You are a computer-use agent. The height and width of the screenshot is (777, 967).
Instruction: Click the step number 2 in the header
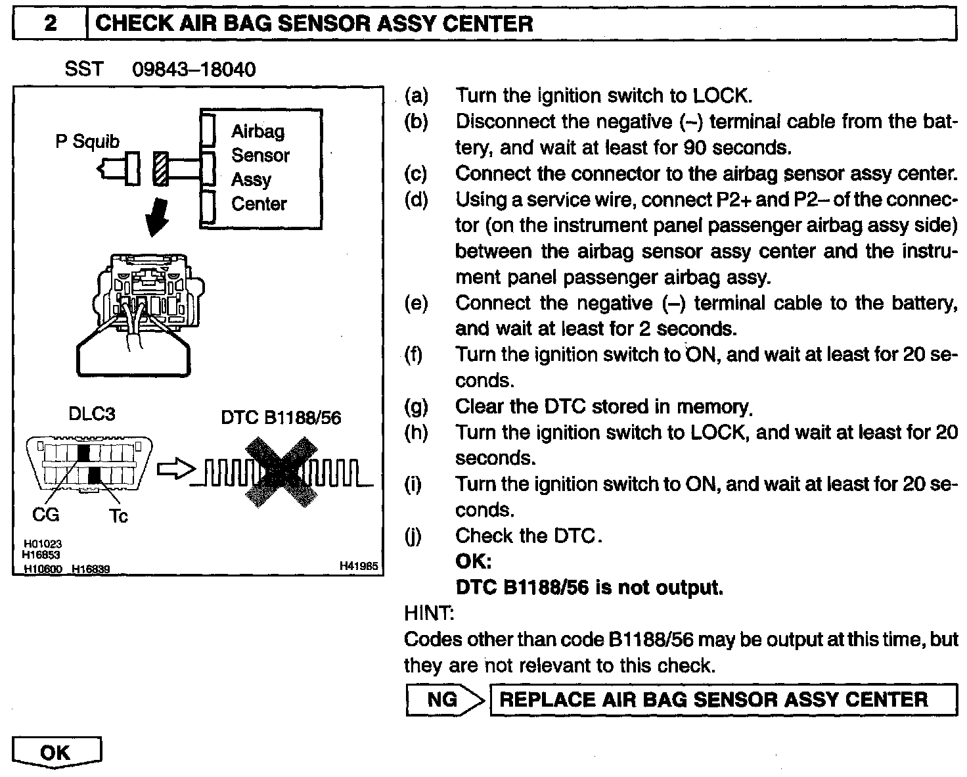pos(50,24)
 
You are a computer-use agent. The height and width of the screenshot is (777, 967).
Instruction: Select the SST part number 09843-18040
pos(194,69)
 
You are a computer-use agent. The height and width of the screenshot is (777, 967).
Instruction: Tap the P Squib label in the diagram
pos(87,141)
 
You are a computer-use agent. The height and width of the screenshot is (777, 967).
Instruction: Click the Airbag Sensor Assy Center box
pos(261,168)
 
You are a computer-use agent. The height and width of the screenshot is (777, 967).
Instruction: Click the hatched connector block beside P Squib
pos(160,168)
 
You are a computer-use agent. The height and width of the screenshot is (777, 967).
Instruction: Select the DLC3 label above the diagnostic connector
pos(92,413)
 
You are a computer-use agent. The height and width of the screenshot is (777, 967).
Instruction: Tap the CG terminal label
pos(46,514)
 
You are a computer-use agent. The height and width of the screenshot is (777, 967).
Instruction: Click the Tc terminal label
pos(118,516)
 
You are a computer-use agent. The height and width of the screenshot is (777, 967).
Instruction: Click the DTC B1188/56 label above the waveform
pos(281,417)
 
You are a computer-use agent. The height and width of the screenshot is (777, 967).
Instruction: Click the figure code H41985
pos(359,565)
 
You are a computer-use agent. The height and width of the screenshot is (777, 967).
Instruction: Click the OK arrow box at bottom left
pos(56,752)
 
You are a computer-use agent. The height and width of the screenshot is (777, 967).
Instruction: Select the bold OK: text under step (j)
pos(473,561)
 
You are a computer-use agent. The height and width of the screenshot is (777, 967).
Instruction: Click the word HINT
pos(428,613)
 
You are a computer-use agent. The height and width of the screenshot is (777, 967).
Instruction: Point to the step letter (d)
pos(416,199)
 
